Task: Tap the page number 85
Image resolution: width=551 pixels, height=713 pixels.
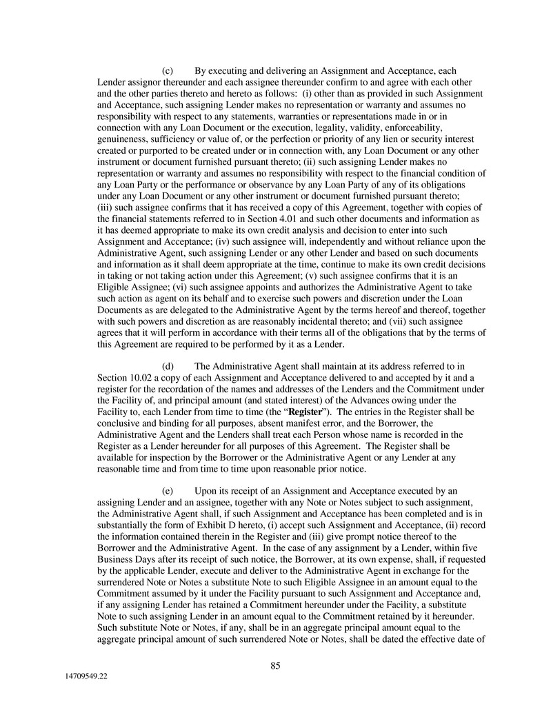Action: (275, 665)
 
